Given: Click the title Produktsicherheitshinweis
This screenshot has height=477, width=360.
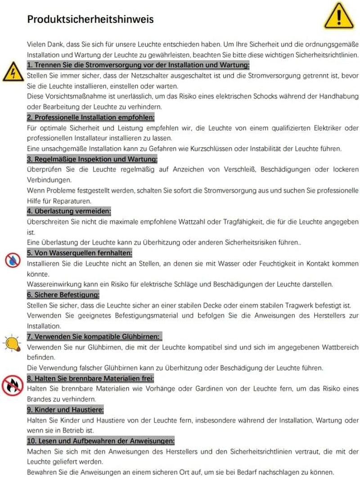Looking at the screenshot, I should click(90, 19).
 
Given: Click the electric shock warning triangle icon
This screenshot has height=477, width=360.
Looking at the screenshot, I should click(12, 72).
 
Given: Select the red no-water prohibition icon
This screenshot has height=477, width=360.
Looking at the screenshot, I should click(12, 260).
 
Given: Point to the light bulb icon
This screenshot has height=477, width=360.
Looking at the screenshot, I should click(12, 343).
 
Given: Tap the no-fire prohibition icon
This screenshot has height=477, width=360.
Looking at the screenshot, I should click(12, 385).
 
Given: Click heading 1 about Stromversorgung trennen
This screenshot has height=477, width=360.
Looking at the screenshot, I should click(139, 65).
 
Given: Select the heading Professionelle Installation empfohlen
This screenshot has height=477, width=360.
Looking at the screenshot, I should click(91, 117).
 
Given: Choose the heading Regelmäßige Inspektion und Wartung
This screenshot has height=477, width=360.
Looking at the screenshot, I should click(92, 159).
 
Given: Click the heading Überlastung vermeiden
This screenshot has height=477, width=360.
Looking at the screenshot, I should click(69, 211).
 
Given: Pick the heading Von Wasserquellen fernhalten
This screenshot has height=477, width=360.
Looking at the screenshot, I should click(80, 253).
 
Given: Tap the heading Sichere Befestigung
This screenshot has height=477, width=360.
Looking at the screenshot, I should click(63, 295).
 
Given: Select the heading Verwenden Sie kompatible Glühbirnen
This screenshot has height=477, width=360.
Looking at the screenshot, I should click(94, 337).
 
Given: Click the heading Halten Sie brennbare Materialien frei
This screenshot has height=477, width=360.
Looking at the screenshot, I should click(90, 378).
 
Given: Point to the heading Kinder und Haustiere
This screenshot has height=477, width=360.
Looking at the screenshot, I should click(66, 409).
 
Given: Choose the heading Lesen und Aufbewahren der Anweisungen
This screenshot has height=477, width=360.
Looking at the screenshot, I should click(101, 441).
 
